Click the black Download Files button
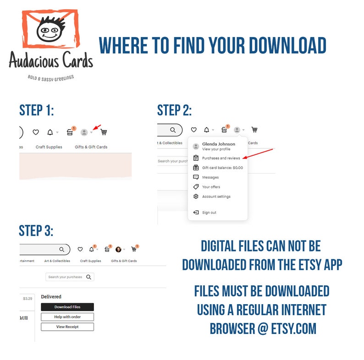67,307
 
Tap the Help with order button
67,317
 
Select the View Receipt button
67,327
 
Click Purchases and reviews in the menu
221,158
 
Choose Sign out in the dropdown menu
209,213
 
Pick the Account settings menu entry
216,196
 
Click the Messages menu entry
210,177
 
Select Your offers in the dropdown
211,187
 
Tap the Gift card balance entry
222,168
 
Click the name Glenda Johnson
219,144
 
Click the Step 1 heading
37,110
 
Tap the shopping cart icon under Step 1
104,132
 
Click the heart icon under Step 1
35,132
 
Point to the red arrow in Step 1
97,127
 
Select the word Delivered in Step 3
51,297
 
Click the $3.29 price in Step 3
28,299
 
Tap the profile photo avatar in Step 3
118,249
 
